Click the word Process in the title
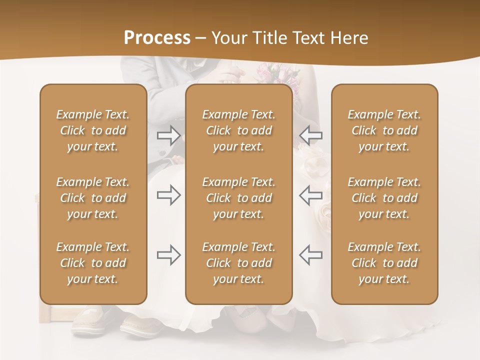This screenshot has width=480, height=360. tap(157, 38)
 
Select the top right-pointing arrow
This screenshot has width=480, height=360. tap(169, 135)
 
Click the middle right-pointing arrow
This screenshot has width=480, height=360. tap(169, 195)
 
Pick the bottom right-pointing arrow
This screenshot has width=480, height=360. tap(169, 255)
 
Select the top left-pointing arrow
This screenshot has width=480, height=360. tap(310, 135)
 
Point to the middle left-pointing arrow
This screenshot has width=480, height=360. tap(310, 195)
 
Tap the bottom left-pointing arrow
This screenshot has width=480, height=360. tap(310, 255)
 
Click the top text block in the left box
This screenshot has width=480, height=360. tap(93, 130)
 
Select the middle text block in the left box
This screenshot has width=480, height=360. tap(93, 198)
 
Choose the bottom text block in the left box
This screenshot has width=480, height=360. tap(93, 263)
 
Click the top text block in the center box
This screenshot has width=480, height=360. tap(238, 130)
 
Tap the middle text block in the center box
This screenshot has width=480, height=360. tap(238, 198)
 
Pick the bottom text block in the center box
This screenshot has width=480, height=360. tap(238, 263)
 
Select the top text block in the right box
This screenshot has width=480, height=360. tap(384, 130)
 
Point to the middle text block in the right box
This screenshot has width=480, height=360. tap(384, 198)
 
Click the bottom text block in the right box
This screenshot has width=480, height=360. tap(384, 263)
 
